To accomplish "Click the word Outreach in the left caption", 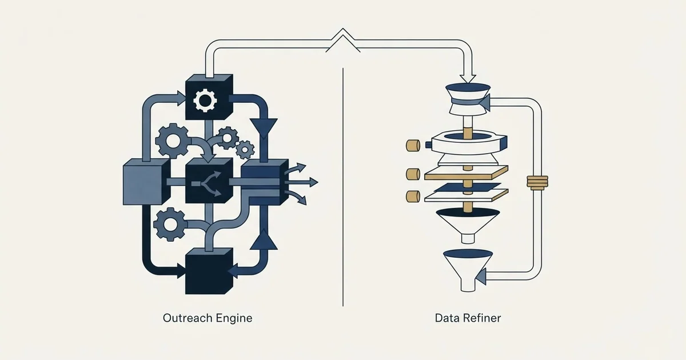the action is pos(188,318).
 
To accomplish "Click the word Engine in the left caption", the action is pos(234,319).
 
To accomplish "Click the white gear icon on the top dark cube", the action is pos(205,100).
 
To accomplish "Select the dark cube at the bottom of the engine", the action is pos(209,271).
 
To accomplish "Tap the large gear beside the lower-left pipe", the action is pos(170,225).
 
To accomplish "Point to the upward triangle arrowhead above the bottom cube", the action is pos(264,239).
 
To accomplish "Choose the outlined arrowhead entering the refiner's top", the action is pos(468,79).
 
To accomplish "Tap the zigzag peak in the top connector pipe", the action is pos(343,33).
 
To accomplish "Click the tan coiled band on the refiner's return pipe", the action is pos(537,183).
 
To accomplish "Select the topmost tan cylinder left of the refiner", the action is pos(413,145).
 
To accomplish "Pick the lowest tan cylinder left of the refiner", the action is pos(413,196).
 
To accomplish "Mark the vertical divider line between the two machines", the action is pos(343,187).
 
